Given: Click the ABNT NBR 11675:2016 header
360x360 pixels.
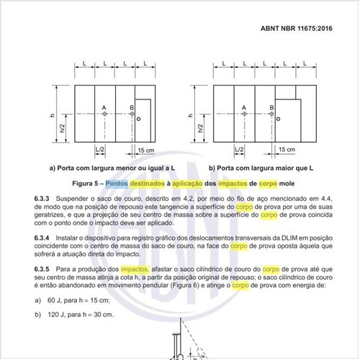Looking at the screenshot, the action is [x=297, y=28].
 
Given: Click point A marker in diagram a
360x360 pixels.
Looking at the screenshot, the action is [x=104, y=114].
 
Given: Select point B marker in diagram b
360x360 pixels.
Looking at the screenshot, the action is [x=271, y=114].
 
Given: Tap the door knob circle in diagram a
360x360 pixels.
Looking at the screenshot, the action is [x=138, y=119].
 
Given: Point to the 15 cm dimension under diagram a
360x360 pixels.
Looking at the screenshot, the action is [x=146, y=150].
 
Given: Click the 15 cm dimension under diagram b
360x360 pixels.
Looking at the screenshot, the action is [x=287, y=149].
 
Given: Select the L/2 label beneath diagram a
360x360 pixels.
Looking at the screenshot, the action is [x=100, y=149].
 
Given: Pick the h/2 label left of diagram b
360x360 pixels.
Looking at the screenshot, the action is [x=200, y=128].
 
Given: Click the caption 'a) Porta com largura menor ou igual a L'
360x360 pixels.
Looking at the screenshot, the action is [x=112, y=168].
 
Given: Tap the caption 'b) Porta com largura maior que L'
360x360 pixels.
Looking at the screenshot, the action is [x=261, y=168].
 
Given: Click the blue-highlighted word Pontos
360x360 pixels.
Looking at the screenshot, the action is [x=117, y=184].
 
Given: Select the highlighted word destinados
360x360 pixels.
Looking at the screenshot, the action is [x=148, y=184].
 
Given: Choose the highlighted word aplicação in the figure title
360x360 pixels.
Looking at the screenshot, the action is [x=187, y=184].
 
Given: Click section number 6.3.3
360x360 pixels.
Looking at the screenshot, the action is [x=42, y=199].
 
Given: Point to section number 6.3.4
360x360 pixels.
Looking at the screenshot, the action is [x=42, y=238].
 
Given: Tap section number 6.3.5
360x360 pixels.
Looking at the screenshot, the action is [x=42, y=269].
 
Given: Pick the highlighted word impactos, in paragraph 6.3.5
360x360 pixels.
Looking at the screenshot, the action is [x=135, y=269].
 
